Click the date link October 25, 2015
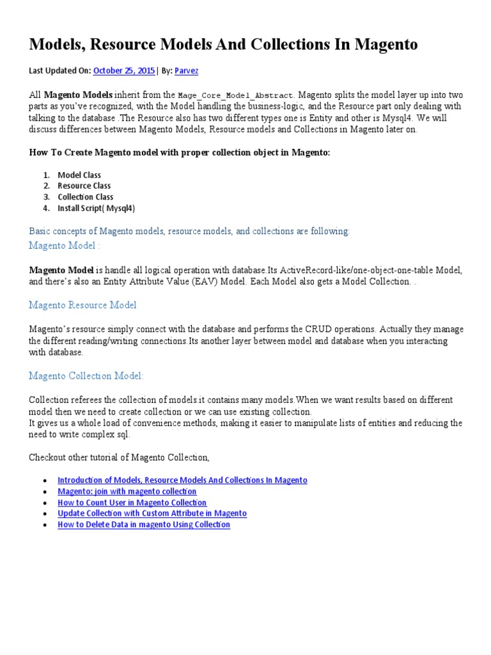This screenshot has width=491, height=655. [124, 71]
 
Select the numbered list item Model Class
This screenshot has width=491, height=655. [79, 175]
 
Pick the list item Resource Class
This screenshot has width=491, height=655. [84, 186]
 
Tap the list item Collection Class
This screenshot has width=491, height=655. [86, 197]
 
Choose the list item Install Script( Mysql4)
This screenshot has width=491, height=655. [96, 208]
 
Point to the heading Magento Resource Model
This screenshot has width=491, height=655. [82, 305]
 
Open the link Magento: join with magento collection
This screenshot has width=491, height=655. [127, 491]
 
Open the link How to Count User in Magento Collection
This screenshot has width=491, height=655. [132, 503]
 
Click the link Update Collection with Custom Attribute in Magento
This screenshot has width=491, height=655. [152, 514]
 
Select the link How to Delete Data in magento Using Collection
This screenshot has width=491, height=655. [143, 525]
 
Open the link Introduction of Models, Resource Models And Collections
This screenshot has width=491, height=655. [182, 480]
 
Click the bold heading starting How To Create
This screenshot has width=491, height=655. [180, 153]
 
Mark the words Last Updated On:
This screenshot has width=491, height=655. [60, 71]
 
